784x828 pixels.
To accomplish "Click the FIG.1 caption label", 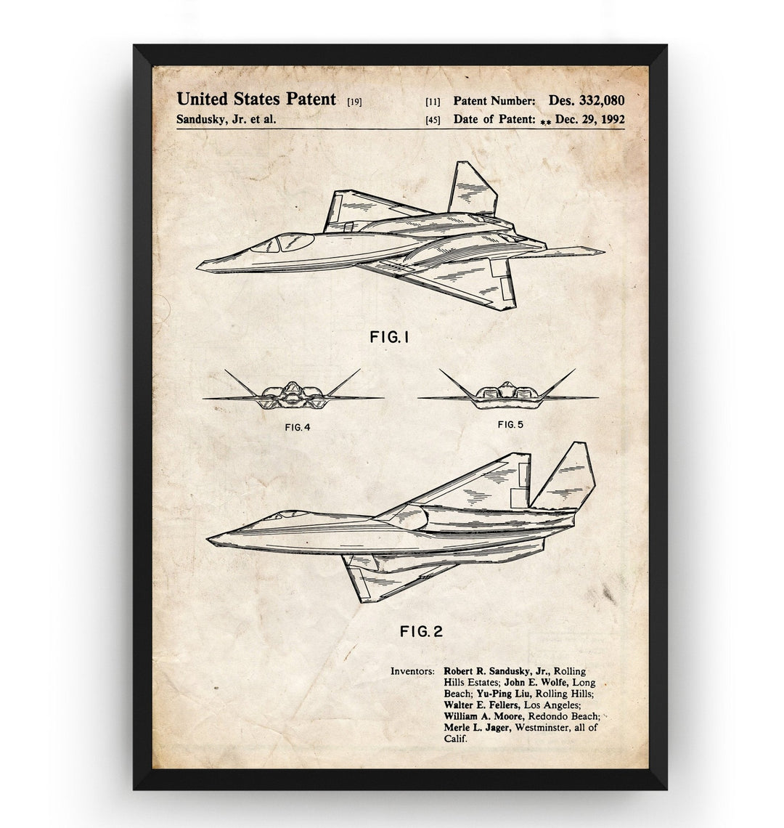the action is click(x=389, y=336).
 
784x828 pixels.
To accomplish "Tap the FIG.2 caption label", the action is click(x=421, y=631).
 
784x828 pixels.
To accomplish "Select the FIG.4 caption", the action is click(x=297, y=427).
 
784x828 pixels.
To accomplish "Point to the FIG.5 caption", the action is click(x=510, y=424).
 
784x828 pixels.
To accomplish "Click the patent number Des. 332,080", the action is click(x=586, y=100).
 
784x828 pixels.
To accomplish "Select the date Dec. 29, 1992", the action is click(x=589, y=119).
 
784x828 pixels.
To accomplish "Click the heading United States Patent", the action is click(x=256, y=99).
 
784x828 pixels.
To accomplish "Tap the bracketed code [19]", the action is click(x=354, y=102).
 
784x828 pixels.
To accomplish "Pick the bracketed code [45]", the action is click(x=433, y=120).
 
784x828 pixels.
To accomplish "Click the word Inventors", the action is click(x=412, y=671).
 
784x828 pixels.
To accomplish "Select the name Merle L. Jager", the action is click(x=477, y=727).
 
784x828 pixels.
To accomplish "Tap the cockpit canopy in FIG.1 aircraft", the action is click(x=282, y=243).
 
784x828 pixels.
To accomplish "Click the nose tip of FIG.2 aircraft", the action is click(x=208, y=539).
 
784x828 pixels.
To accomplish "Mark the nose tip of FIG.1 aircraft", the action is click(x=198, y=266).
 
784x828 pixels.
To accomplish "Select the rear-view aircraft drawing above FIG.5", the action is click(x=507, y=391).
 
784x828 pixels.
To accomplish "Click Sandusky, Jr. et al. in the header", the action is click(x=226, y=119).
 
